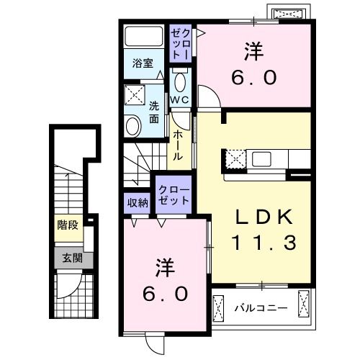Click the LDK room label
[x=262, y=217]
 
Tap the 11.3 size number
[x=263, y=243]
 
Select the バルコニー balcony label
[x=261, y=308]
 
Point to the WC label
[x=180, y=99]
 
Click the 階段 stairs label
[x=68, y=225]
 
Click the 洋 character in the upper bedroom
[x=252, y=51]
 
